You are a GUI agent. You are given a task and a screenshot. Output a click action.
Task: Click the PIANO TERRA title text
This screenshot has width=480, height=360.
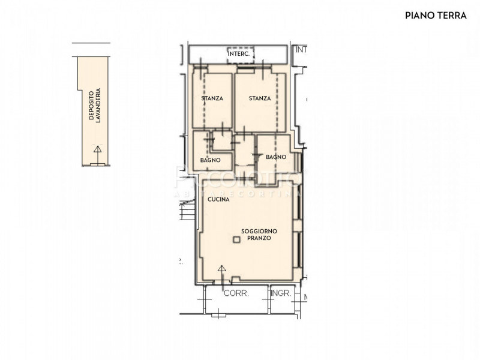click(436, 16)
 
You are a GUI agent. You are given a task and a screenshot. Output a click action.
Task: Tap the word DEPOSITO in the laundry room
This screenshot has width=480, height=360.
click(92, 106)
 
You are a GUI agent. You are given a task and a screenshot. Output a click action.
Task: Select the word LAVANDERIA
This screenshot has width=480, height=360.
click(98, 106)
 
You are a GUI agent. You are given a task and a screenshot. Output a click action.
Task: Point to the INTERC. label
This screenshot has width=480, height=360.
click(239, 54)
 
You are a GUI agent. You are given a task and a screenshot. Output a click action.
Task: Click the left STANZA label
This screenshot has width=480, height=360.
click(212, 98)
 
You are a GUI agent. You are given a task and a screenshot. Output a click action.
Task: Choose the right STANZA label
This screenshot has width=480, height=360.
click(260, 98)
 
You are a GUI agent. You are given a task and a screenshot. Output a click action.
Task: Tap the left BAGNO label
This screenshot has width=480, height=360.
click(210, 160)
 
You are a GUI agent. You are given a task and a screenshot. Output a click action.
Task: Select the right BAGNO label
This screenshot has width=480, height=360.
click(275, 157)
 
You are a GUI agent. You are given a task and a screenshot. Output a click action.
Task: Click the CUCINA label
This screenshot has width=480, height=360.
click(218, 199)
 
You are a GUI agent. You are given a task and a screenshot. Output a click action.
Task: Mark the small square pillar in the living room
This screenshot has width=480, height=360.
click(236, 240)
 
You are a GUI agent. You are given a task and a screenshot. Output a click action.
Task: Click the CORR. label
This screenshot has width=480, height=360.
click(236, 293)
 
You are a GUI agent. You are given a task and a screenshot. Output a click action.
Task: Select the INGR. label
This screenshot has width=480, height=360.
click(281, 293)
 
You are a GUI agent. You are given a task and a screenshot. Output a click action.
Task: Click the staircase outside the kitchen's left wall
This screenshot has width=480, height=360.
click(187, 210)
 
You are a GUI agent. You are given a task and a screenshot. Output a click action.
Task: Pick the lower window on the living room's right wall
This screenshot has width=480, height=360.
click(298, 249)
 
